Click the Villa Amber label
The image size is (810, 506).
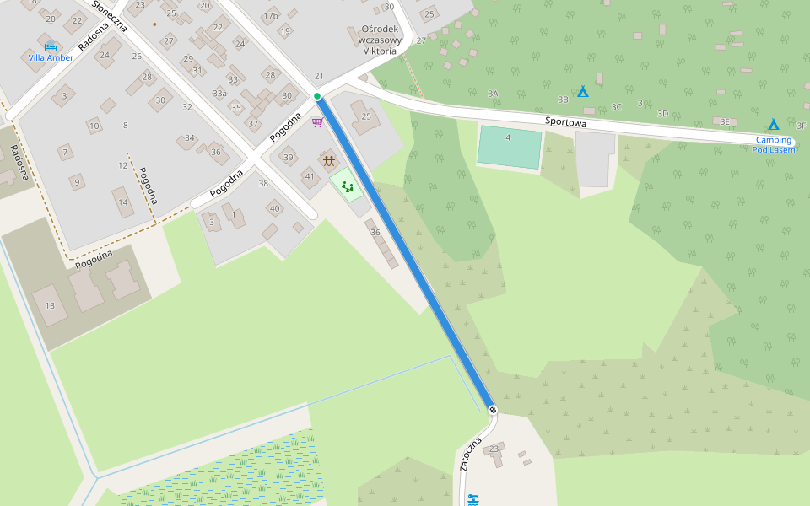click(51, 57)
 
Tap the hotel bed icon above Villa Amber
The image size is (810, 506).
click(51, 45)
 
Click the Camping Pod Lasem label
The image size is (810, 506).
click(773, 144)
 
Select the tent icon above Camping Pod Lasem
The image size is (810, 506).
click(773, 124)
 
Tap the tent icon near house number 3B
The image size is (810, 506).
click(582, 91)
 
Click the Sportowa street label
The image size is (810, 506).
click(565, 122)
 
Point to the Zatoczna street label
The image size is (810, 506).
click(471, 455)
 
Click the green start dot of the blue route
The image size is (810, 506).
click(317, 97)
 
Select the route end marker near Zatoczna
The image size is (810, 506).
click(493, 410)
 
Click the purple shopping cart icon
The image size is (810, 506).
click(317, 122)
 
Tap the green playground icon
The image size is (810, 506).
click(347, 185)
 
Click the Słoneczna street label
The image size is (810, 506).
click(110, 16)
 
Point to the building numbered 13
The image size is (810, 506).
click(50, 305)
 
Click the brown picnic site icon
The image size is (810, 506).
click(327, 159)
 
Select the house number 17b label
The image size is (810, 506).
click(270, 16)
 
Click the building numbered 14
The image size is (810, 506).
click(123, 202)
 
